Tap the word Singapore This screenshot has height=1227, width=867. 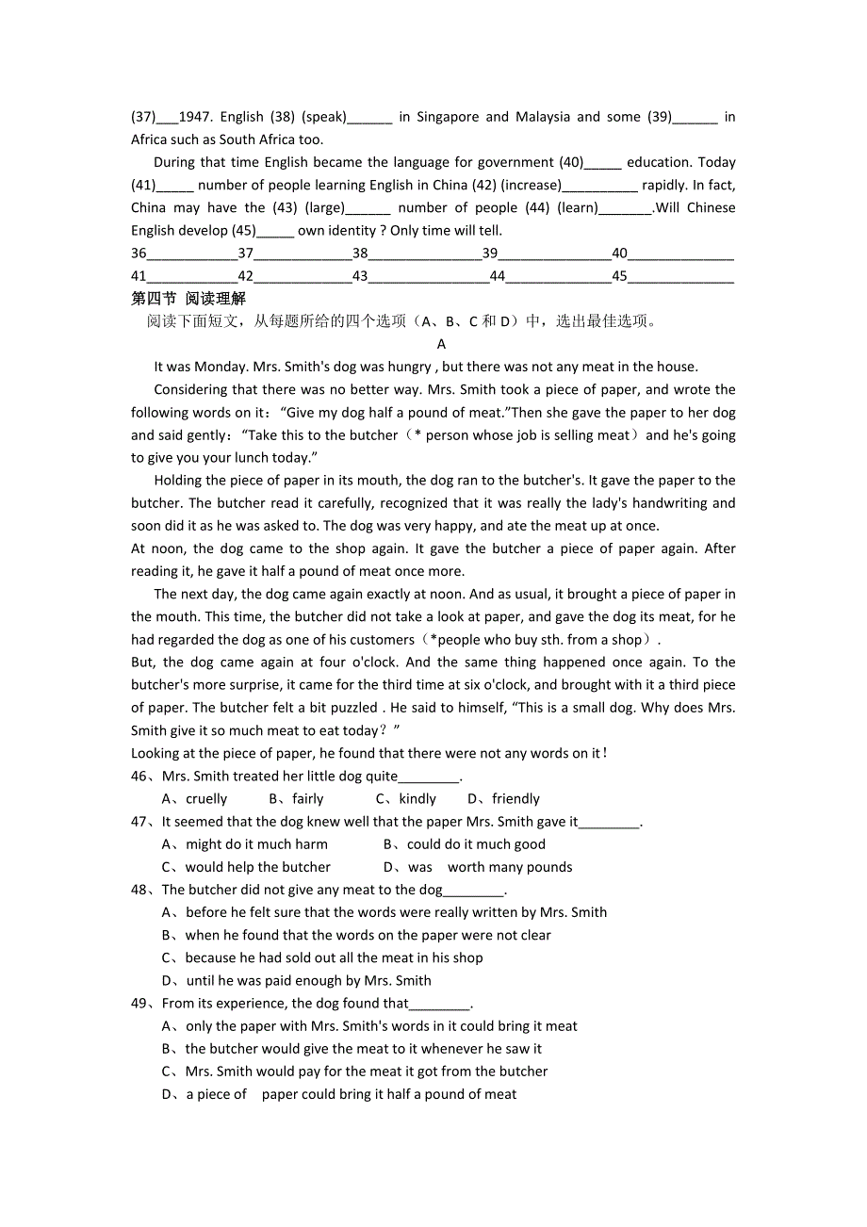point(448,117)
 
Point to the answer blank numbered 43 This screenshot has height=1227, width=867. point(429,276)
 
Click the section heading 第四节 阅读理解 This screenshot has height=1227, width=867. point(188,299)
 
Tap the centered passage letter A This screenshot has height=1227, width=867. point(441,344)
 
